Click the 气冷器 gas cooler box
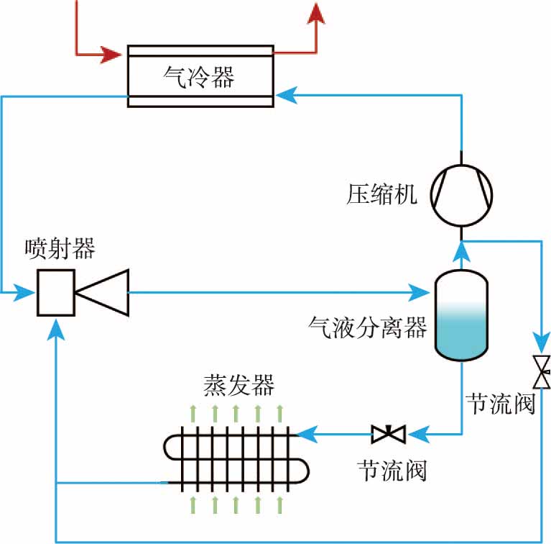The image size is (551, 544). click(200, 76)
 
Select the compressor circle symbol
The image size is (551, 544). click(462, 194)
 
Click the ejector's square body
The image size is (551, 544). click(56, 292)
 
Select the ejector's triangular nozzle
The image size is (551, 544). click(104, 292)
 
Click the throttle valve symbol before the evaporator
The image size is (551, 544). click(389, 434)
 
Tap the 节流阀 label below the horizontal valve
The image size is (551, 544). click(392, 472)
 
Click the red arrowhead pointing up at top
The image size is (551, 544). click(315, 12)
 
